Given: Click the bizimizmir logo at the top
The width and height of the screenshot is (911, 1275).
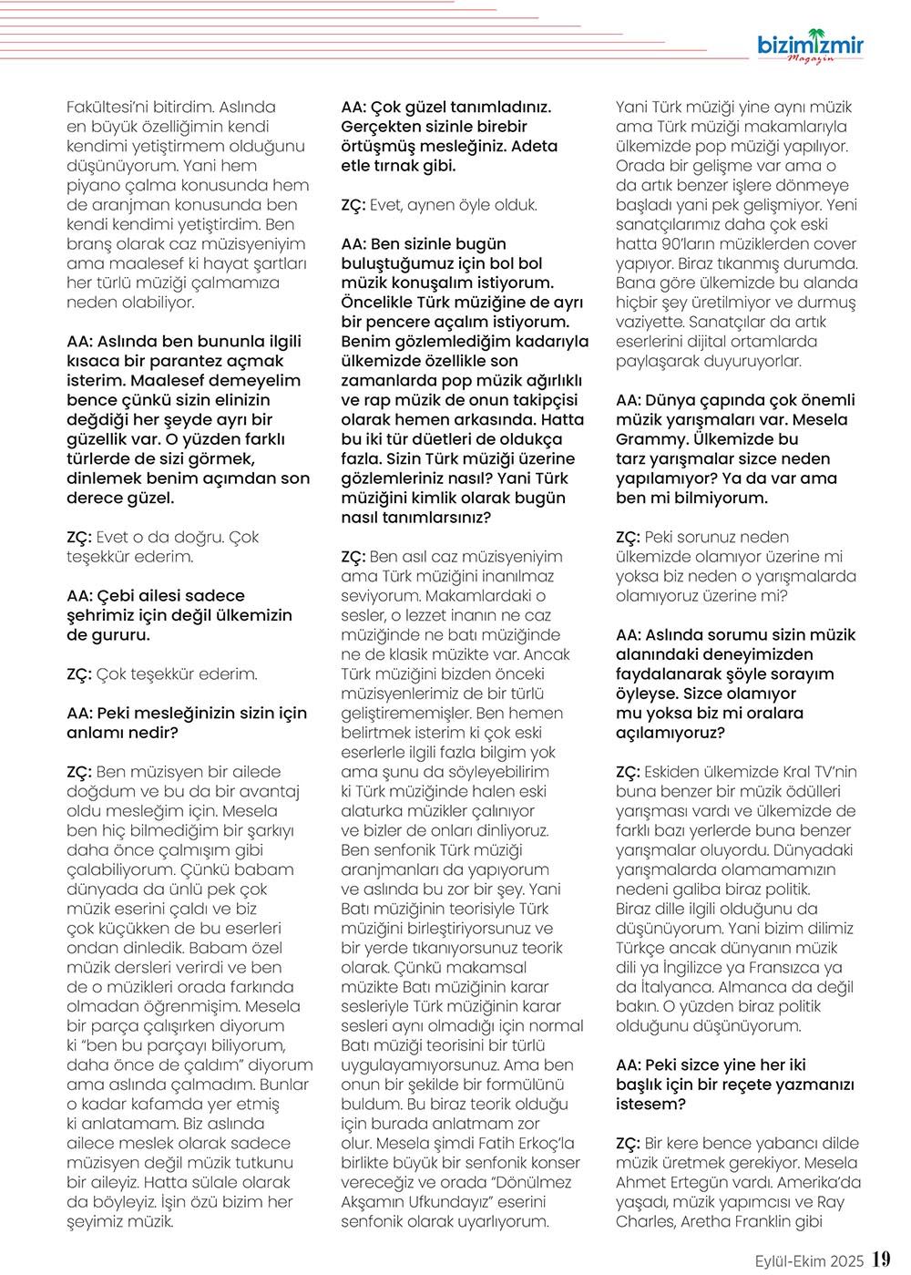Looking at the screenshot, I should [810, 43].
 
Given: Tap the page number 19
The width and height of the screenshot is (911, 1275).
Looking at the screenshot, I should [881, 1260].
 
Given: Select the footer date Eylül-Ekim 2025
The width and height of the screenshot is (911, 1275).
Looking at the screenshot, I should [809, 1261].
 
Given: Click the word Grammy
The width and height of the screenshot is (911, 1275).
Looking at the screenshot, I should [650, 439].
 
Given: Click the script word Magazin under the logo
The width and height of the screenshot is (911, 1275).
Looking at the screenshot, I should [810, 59].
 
